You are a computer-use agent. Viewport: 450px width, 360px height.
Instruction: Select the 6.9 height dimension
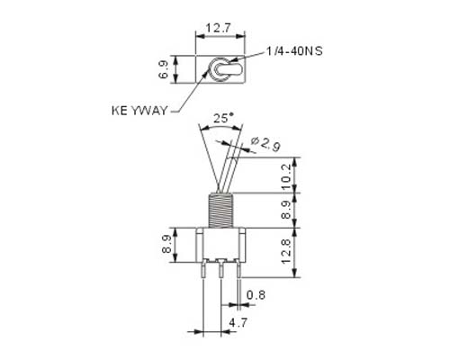[x=164, y=69]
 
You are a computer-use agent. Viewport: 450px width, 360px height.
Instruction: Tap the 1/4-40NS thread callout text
[x=294, y=51]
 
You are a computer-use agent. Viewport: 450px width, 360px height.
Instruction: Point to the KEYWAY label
[x=139, y=111]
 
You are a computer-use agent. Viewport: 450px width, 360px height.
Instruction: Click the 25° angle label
[x=223, y=118]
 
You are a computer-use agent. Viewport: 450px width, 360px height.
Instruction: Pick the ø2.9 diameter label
[x=265, y=143]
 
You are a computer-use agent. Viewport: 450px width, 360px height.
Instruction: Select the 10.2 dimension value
[x=286, y=176]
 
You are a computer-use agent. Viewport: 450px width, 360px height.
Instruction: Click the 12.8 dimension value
[x=286, y=251]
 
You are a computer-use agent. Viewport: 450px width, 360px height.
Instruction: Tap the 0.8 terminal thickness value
[x=256, y=295]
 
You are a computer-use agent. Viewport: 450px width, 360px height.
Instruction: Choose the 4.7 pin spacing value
[x=238, y=323]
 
